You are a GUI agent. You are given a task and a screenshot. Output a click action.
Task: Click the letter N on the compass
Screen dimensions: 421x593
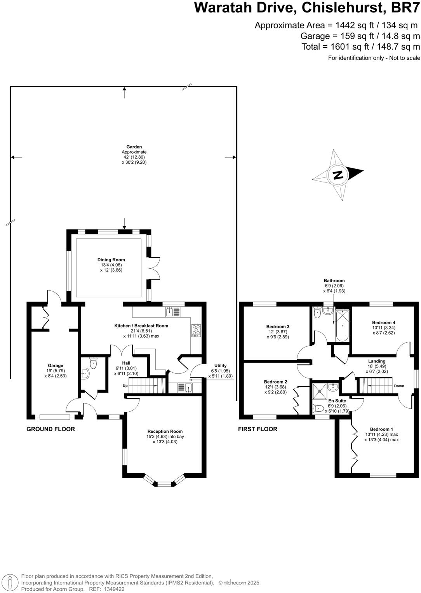pos(338,175)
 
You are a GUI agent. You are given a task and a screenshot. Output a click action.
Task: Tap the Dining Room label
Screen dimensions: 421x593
pos(111,260)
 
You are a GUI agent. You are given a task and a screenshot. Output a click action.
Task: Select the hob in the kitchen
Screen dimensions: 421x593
pos(196,330)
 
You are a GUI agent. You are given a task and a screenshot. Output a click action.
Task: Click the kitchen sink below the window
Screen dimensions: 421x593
pos(173,312)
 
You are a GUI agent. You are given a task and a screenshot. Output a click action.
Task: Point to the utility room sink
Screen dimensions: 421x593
pos(185,388)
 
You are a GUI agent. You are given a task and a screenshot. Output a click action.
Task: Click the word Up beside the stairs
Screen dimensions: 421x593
pos(125,386)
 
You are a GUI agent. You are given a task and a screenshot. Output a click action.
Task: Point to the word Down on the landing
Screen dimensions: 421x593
pos(399,386)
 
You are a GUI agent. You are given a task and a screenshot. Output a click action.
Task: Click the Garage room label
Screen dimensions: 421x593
pos(56,366)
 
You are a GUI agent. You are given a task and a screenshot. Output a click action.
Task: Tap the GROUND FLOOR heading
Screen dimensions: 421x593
pos(50,429)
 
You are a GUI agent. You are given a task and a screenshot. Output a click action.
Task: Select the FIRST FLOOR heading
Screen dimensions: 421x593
pos(257,429)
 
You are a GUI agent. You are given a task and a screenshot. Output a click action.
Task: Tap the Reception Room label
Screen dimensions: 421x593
pos(165,431)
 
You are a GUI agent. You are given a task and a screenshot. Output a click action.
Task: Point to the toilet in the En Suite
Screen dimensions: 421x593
pos(318,409)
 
